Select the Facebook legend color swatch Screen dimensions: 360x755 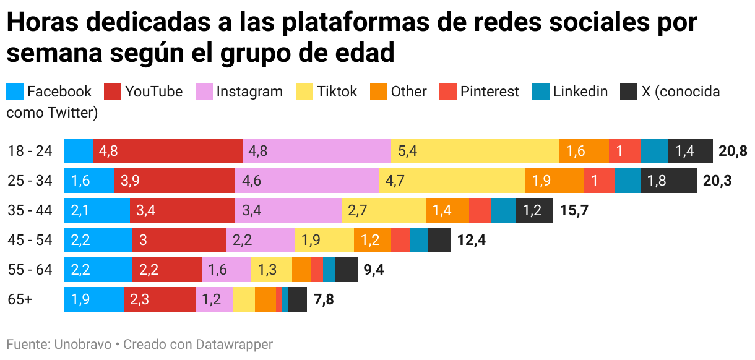pos(15,92)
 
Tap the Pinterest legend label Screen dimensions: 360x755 pos(489,92)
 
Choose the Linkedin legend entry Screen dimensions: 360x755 pos(580,92)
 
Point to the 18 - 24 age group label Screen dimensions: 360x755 pos(30,151)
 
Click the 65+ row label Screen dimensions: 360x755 pos(20,299)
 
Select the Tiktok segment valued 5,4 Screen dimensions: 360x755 pos(475,151)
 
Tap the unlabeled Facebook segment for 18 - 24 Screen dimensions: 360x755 pos(79,151)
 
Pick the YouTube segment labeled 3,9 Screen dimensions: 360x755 pos(174,181)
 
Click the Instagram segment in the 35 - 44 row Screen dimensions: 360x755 pos(288,210)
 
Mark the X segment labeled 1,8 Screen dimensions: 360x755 pos(668,181)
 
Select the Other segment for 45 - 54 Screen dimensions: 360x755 pos(372,240)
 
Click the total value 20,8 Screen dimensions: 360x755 pos(733,151)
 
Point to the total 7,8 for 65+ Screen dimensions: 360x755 pos(324,299)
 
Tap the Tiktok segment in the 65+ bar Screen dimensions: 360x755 pos(243,299)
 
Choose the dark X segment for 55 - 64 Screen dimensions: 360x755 pos(346,270)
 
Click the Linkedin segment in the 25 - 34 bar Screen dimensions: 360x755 pos(628,181)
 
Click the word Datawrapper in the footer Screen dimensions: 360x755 pos(235,344)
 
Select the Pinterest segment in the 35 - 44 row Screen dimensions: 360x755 pos(480,210)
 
